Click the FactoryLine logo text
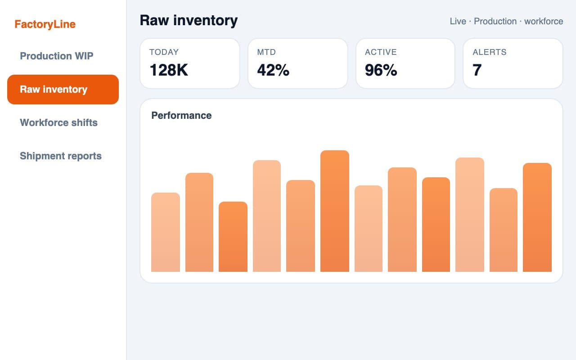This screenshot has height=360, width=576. click(45, 24)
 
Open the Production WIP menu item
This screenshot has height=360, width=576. click(57, 56)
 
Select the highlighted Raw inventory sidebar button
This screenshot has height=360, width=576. click(63, 90)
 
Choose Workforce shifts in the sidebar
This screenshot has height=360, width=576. click(58, 122)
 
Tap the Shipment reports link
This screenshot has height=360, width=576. click(61, 156)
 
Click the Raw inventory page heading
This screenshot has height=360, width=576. click(189, 21)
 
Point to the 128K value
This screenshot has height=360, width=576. click(169, 70)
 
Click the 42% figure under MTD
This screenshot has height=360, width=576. click(273, 70)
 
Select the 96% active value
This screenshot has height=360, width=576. click(381, 70)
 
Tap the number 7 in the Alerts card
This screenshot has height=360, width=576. click(477, 70)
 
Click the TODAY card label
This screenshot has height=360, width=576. click(164, 52)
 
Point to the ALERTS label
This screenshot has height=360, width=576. click(490, 52)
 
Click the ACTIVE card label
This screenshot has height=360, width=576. click(381, 52)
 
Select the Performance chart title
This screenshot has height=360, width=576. click(181, 116)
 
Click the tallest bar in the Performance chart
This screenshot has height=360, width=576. click(334, 211)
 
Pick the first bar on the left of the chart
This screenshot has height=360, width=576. click(166, 232)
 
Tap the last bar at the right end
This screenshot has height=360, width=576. click(537, 217)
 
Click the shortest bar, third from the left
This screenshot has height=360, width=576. click(233, 237)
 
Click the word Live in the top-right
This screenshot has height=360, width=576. click(458, 21)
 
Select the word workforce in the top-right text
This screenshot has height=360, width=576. click(544, 21)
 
